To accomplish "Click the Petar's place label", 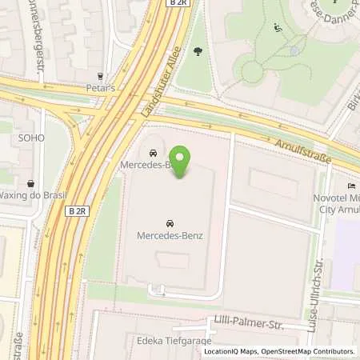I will tap(100, 88).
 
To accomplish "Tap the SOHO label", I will tap(32, 138).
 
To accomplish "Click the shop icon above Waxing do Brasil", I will tap(30, 183).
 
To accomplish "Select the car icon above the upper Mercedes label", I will tap(153, 152).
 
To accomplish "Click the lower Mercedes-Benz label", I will tap(170, 235).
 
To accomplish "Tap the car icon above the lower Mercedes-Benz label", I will tap(170, 222).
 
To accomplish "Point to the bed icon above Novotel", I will tap(350, 186).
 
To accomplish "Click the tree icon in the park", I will tap(198, 52).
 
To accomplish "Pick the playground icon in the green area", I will tap(277, 28).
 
